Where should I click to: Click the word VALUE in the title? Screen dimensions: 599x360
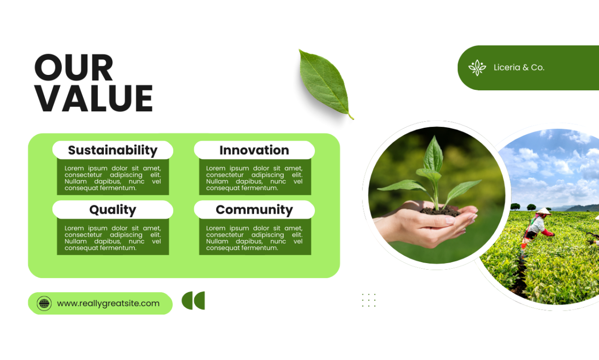click(94, 98)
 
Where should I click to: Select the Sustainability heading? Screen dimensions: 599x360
click(113, 150)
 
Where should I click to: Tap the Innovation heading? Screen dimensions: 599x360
click(254, 150)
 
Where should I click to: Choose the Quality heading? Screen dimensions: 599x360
click(113, 210)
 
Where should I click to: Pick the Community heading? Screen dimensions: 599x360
click(254, 210)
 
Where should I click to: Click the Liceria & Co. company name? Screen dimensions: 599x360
click(519, 67)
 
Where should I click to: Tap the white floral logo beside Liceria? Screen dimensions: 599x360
click(477, 68)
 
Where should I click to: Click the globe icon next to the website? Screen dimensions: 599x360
click(44, 303)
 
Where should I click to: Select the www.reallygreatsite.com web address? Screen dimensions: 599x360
click(108, 303)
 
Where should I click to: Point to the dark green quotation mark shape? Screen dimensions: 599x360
click(193, 301)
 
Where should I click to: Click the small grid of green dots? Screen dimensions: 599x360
click(369, 300)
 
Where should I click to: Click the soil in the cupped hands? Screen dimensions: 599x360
click(440, 211)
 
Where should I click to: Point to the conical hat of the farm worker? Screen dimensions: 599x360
click(544, 211)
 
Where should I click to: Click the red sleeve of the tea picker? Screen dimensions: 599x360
click(547, 232)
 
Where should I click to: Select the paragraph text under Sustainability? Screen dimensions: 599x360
click(113, 178)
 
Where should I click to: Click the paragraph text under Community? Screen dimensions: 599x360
click(254, 238)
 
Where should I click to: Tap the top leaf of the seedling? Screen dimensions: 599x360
click(434, 153)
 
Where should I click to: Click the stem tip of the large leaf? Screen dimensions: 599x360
click(353, 118)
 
